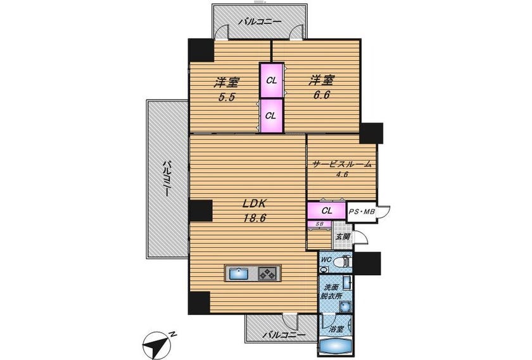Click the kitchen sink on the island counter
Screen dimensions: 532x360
[239, 273]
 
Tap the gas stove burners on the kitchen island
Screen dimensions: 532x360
[268, 273]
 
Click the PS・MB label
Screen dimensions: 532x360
[362, 212]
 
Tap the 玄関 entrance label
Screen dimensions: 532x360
[343, 236]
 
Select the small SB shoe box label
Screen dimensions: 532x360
[319, 224]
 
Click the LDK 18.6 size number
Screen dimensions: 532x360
[255, 218]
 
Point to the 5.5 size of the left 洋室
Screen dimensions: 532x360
[226, 97]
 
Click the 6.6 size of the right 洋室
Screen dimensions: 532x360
[321, 95]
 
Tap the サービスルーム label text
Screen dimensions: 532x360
[341, 164]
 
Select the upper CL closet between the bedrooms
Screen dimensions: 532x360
[272, 80]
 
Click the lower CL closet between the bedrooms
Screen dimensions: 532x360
[272, 115]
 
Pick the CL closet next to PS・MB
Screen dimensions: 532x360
[327, 210]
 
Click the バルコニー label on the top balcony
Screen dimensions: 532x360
[259, 22]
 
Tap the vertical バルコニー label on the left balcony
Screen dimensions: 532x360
[166, 179]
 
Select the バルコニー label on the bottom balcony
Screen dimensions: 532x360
[283, 335]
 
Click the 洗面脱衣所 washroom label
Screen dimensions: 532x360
[332, 292]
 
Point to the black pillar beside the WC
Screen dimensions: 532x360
[367, 263]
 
